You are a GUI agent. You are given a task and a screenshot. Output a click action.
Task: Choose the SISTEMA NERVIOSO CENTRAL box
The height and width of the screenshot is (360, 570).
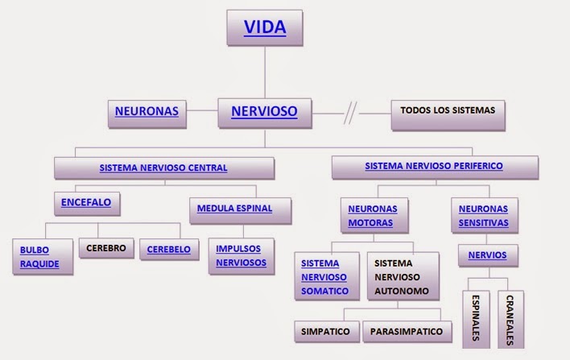pos(163,168)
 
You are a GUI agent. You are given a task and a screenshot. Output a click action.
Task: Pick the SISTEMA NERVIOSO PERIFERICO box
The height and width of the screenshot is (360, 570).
pos(434,167)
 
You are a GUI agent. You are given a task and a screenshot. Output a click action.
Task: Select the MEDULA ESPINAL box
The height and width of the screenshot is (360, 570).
pos(234,208)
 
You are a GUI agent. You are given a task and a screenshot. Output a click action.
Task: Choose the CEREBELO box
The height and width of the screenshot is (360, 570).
pos(168,250)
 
